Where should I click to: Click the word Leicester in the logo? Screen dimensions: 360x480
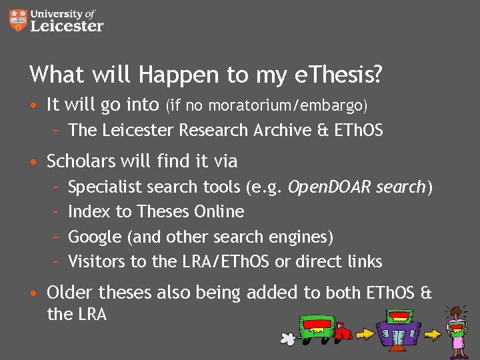coord(67,26)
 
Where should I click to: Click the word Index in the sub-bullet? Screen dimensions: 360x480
coord(89,211)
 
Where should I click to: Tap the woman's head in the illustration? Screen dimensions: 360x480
coord(457,313)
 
